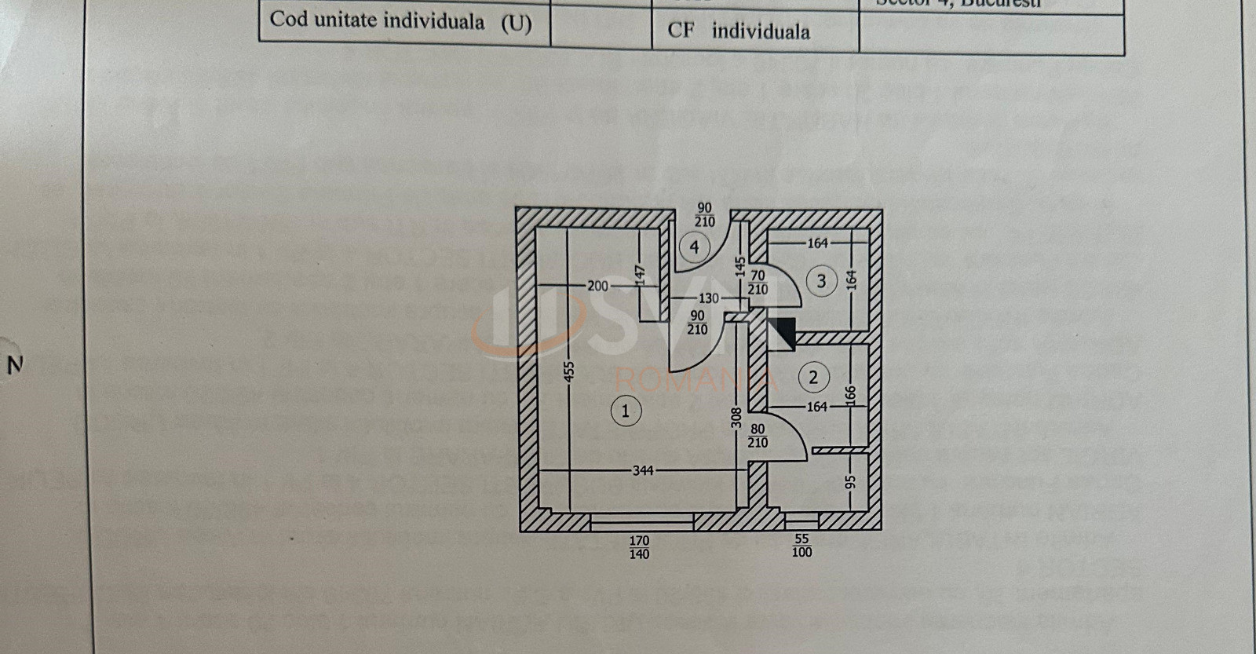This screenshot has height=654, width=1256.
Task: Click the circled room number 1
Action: tap(626, 410)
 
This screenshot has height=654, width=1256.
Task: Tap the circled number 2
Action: tap(813, 378)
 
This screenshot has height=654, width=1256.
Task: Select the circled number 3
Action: tap(821, 280)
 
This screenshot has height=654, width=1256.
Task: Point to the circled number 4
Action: tap(694, 247)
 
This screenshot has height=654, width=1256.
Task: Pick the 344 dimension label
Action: tap(643, 470)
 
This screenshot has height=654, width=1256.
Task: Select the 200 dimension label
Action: tap(598, 286)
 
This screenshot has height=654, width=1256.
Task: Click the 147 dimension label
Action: tap(641, 272)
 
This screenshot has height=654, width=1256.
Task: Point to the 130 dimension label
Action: tap(708, 298)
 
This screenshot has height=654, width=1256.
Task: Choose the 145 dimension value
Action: tap(739, 266)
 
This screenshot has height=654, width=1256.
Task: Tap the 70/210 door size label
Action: tap(758, 283)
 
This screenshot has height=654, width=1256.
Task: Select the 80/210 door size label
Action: tap(758, 436)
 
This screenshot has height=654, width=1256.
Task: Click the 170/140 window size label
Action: tap(640, 547)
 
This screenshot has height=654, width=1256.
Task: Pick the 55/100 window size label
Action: tap(801, 546)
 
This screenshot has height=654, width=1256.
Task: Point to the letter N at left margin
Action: tap(14, 365)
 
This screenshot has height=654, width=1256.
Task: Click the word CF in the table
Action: tap(681, 31)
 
